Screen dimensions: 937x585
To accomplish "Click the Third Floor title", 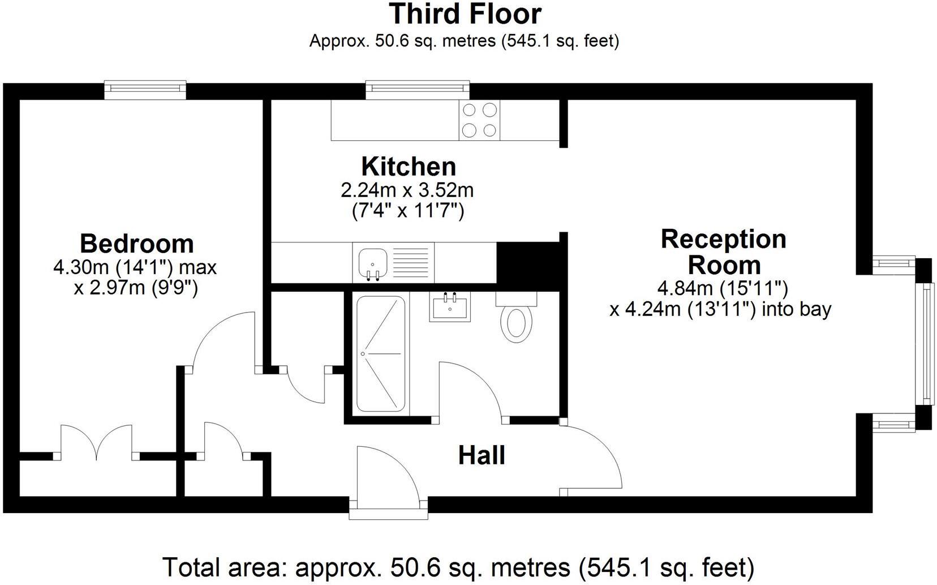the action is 465,14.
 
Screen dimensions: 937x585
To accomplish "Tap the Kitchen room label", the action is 409,166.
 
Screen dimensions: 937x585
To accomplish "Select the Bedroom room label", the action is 137,244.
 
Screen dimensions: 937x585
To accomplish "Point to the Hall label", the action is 482,455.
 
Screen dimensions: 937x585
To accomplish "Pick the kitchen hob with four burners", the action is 479,120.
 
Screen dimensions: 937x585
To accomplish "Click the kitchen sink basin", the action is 373,264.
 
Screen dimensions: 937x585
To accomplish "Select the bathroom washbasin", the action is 450,306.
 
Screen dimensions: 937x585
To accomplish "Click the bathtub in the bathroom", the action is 381,354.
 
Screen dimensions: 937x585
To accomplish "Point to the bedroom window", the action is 145,89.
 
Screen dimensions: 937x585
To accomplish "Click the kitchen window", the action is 418,89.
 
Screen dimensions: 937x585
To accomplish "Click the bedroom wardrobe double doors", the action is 97,443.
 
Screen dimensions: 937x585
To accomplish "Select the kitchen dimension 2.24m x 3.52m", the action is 407,191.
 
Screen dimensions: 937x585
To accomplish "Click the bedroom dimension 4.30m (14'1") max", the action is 135,267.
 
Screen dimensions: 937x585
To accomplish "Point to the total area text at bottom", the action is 458,567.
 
